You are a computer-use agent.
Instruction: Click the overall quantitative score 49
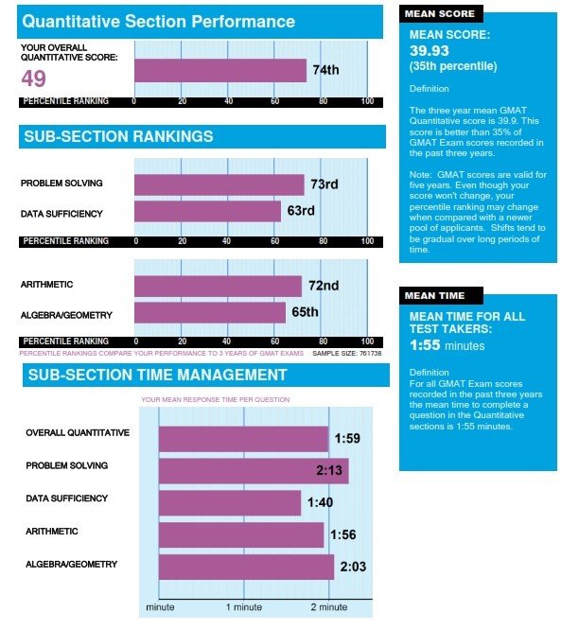coord(34,77)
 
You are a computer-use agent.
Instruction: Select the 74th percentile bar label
coord(325,71)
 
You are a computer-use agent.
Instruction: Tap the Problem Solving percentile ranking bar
coord(219,184)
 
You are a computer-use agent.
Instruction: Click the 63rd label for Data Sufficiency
coord(301,210)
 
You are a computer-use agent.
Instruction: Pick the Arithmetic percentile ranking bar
coord(218,286)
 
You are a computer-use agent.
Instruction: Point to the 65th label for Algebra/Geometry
coord(305,311)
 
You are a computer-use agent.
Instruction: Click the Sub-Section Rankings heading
coord(117,137)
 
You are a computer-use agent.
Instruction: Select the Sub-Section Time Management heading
coord(157,375)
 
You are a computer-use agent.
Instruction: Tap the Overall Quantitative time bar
coord(243,439)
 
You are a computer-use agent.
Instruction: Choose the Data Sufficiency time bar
coord(229,502)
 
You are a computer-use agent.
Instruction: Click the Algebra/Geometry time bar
coord(246,567)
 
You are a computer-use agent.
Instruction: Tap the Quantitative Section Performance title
coord(158,21)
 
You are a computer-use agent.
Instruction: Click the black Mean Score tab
coord(437,14)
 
